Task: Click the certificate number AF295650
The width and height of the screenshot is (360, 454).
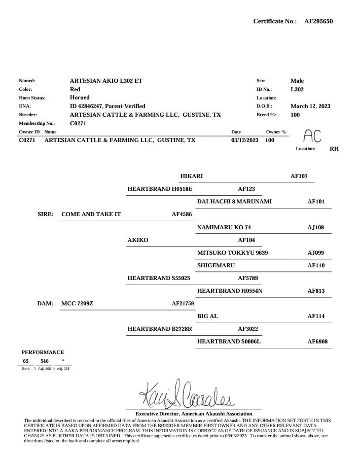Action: pos(318,21)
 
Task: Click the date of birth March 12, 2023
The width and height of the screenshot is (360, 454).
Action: pos(310,106)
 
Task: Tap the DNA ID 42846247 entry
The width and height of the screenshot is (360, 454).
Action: pos(107,106)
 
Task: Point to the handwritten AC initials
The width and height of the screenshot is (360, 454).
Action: pos(312,135)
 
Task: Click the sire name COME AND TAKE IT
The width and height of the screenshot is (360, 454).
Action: pos(91,214)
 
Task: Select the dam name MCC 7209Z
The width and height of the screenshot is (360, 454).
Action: pos(78,303)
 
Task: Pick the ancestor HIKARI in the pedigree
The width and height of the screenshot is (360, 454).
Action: pos(192,176)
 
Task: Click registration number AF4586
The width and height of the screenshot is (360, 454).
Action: pos(182,214)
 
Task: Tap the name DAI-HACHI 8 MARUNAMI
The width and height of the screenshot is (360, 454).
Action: pos(234,201)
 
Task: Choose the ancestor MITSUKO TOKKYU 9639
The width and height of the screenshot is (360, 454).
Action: pos(232,252)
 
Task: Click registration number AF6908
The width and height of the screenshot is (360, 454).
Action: pos(317,341)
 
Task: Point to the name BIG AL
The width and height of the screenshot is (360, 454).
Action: pos(207,316)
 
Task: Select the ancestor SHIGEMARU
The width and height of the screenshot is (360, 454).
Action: pos(216,265)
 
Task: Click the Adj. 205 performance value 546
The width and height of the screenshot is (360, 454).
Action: pos(45,361)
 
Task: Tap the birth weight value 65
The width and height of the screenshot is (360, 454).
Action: pos(26,361)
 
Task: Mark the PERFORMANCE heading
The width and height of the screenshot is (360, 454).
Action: pos(43,352)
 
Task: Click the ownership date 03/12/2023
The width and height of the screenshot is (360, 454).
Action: pos(245,140)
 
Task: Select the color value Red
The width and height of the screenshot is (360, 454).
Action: pos(75,89)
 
